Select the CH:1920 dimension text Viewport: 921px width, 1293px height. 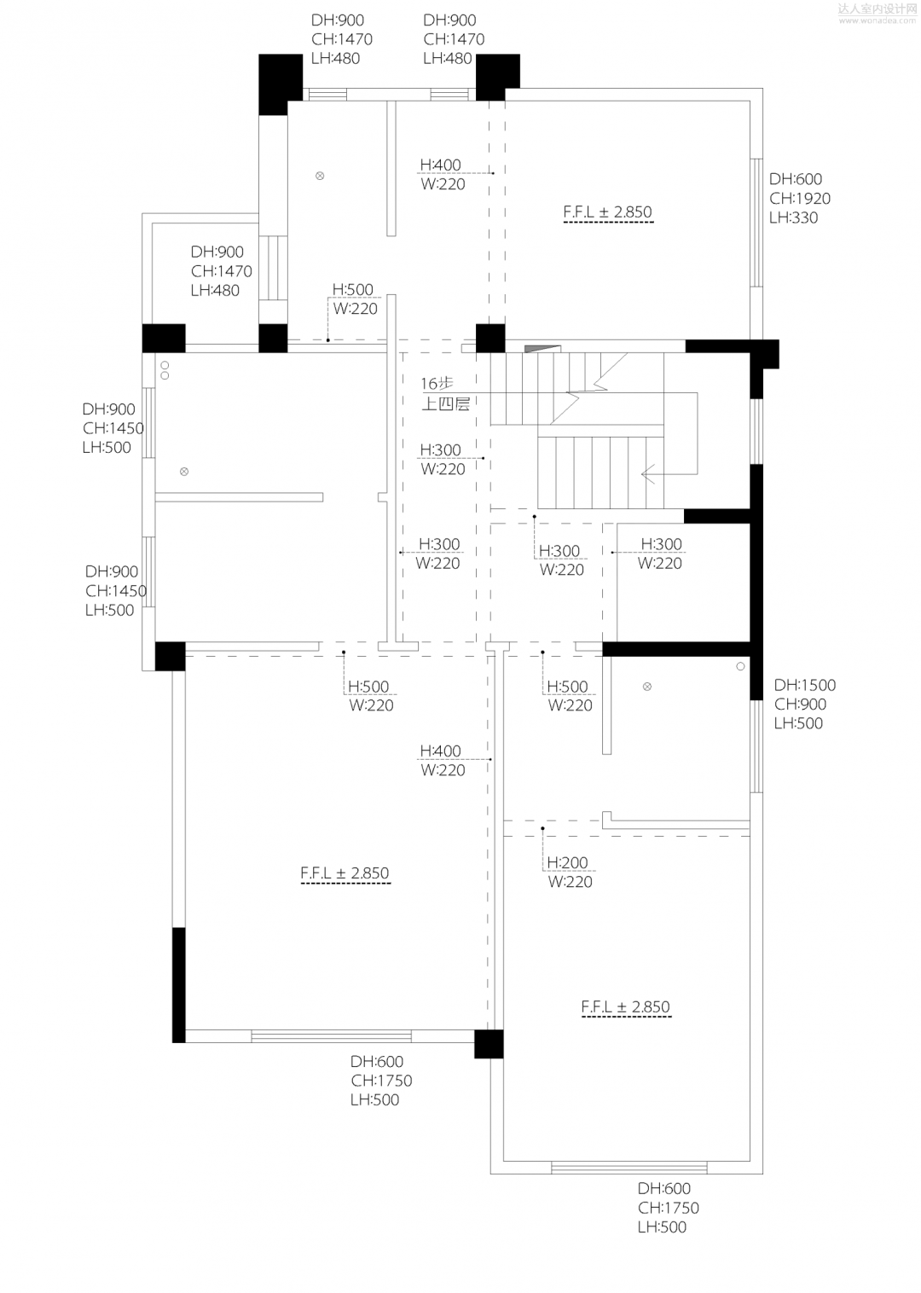coord(799,199)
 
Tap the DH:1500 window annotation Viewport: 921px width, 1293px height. coord(804,685)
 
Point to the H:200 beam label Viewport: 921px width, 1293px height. coord(567,862)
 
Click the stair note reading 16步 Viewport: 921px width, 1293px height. coord(436,384)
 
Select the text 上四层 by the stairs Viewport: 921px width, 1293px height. coord(445,404)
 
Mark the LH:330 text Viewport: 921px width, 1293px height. coord(793,217)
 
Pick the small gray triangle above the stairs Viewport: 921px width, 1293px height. coord(533,348)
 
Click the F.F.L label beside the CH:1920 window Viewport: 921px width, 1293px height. coord(607,212)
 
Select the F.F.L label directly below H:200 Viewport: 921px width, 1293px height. coord(625,1007)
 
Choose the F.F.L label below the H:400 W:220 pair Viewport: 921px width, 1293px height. coord(345,873)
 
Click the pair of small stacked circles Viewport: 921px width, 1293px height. coord(165,369)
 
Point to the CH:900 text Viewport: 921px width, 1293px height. coord(800,704)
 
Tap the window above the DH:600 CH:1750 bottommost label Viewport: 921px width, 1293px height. coord(629,1168)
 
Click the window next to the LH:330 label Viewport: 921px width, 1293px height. coord(756,222)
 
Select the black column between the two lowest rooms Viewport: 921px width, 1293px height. coord(489,1044)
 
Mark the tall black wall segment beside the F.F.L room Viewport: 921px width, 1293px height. coord(178,984)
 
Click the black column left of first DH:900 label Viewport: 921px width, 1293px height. coord(281,84)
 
